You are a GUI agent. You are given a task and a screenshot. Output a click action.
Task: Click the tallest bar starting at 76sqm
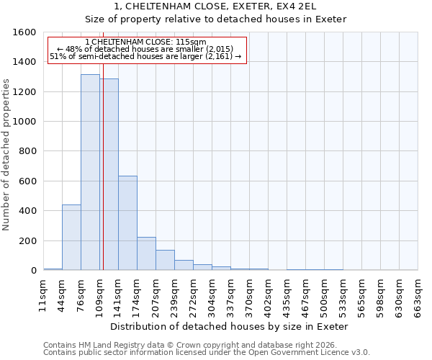pos(90,173)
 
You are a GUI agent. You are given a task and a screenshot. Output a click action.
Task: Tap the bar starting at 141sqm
pos(127,223)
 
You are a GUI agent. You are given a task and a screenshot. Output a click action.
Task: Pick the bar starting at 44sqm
pos(71,238)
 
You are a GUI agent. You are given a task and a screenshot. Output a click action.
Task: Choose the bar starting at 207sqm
pos(165,260)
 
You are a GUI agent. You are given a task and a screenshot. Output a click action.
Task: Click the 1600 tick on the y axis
pos(24,32)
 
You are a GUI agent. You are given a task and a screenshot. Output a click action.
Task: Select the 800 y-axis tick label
pos(27,151)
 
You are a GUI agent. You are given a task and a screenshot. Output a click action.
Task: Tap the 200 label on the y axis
pos(27,240)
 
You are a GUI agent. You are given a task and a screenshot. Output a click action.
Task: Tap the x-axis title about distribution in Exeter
pos(230,326)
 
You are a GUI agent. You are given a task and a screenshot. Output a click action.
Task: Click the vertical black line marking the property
pos(103,144)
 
